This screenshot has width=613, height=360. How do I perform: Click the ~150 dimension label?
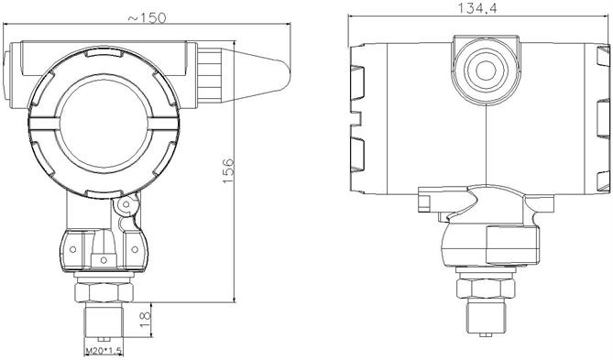tap(147, 17)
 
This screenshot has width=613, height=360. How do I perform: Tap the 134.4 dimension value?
tap(477, 8)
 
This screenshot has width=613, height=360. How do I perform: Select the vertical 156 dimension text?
tap(228, 170)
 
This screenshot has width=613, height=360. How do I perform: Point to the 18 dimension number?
tap(145, 320)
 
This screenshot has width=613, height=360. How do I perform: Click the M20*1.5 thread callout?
tap(104, 351)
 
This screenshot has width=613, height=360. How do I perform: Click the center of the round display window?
tap(104, 124)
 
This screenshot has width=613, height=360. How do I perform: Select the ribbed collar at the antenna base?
tap(210, 75)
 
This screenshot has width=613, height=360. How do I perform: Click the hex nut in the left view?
tap(104, 291)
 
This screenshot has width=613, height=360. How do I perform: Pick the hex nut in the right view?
tap(486, 289)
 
